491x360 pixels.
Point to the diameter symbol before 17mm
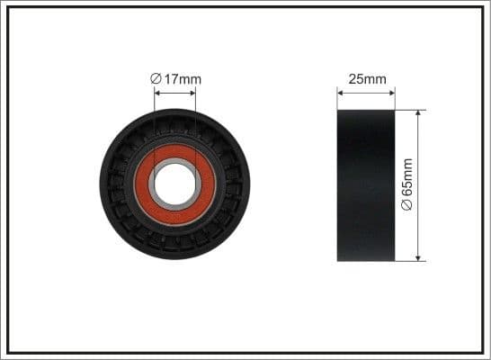click(156, 79)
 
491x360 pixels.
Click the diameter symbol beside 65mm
click(407, 204)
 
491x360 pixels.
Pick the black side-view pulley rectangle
click(366, 185)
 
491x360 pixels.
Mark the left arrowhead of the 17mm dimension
click(157, 91)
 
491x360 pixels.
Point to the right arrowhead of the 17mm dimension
click(192, 91)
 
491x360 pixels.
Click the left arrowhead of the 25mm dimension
click(340, 91)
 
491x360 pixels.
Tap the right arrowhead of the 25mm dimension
click(392, 91)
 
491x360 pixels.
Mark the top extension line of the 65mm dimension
click(409, 110)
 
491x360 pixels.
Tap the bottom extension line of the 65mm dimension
click(409, 262)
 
